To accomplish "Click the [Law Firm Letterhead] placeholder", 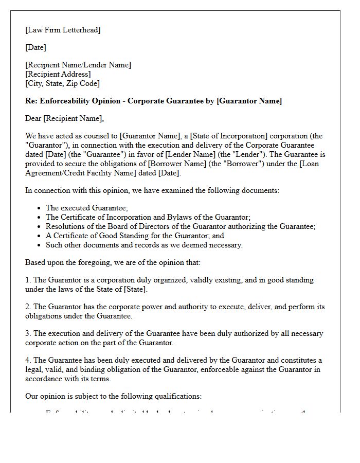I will [x=63, y=30].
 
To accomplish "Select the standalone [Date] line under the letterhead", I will [x=35, y=47].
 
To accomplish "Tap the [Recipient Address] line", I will [x=58, y=74].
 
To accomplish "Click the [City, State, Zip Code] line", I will [x=62, y=83].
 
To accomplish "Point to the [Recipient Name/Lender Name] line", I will [x=78, y=65].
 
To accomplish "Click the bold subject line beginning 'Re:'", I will [x=153, y=101].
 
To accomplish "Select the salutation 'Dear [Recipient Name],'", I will [x=64, y=119].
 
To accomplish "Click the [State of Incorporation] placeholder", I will [x=227, y=136].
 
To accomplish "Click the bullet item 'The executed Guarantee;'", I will [x=87, y=208].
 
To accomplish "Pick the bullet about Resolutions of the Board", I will [x=181, y=226].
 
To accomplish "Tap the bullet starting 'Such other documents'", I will [x=144, y=245].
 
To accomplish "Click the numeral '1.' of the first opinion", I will [x=28, y=280].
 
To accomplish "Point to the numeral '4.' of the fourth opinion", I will [x=28, y=360].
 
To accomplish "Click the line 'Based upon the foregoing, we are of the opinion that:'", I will [x=113, y=262].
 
